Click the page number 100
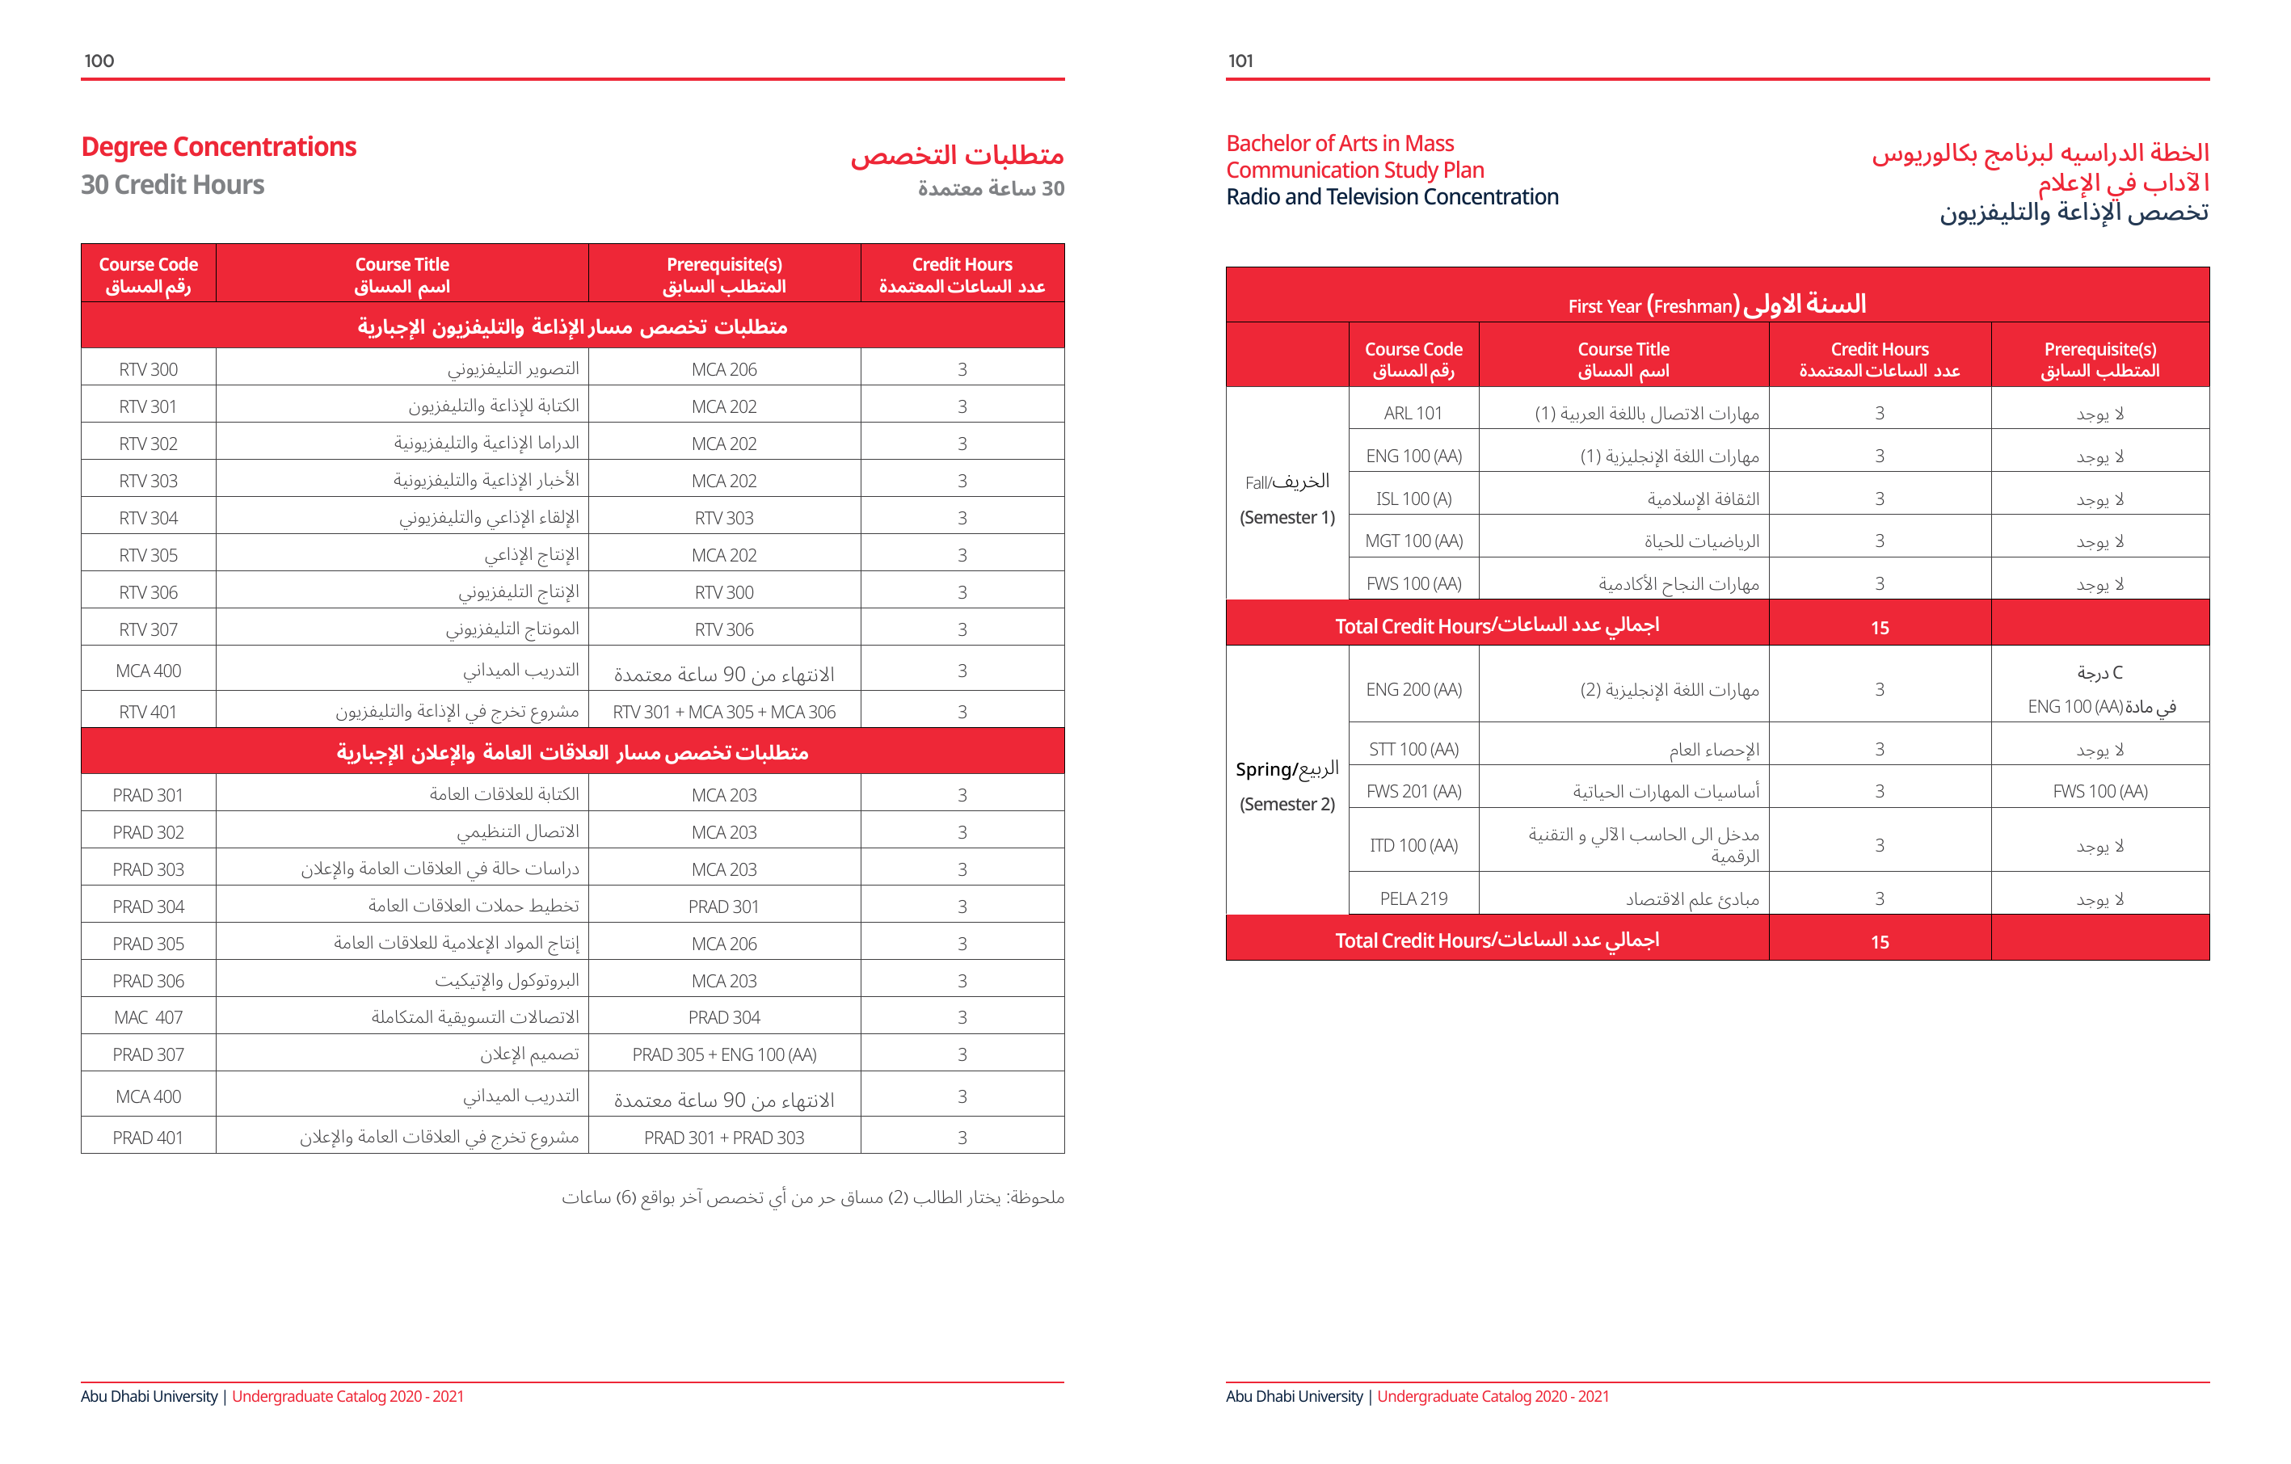[x=99, y=61]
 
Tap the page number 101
[x=1240, y=61]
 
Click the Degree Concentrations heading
[x=219, y=147]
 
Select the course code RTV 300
[x=149, y=369]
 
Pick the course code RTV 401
[x=149, y=712]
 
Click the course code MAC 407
[x=149, y=1018]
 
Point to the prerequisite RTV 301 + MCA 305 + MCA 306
[x=724, y=712]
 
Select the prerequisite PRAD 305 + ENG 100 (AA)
[x=724, y=1055]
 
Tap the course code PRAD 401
[x=149, y=1138]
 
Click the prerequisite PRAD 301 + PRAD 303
[x=724, y=1138]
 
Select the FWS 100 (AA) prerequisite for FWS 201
[x=2099, y=792]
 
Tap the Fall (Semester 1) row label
[x=1287, y=499]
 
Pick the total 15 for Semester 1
[x=1879, y=628]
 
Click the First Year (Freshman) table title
[x=1716, y=305]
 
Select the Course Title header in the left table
[x=402, y=275]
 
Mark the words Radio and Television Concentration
[x=1392, y=197]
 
